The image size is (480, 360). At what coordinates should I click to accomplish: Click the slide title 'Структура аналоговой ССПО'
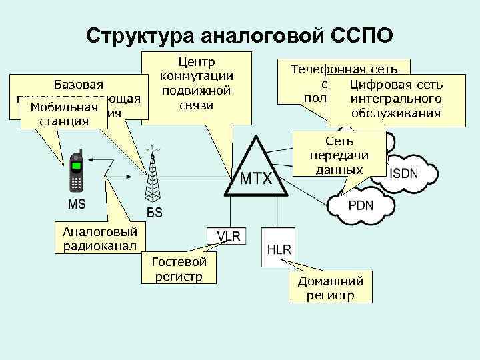(239, 35)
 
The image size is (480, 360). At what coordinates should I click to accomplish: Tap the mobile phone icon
(77, 172)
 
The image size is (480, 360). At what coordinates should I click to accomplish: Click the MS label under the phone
(77, 202)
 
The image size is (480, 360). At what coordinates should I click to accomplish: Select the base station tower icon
(154, 177)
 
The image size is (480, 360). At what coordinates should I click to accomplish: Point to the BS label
(154, 213)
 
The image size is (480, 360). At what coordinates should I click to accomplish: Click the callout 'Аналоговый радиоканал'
(99, 239)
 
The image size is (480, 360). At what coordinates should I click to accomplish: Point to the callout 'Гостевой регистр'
(179, 268)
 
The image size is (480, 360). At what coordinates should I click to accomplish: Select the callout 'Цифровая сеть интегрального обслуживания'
(395, 99)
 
